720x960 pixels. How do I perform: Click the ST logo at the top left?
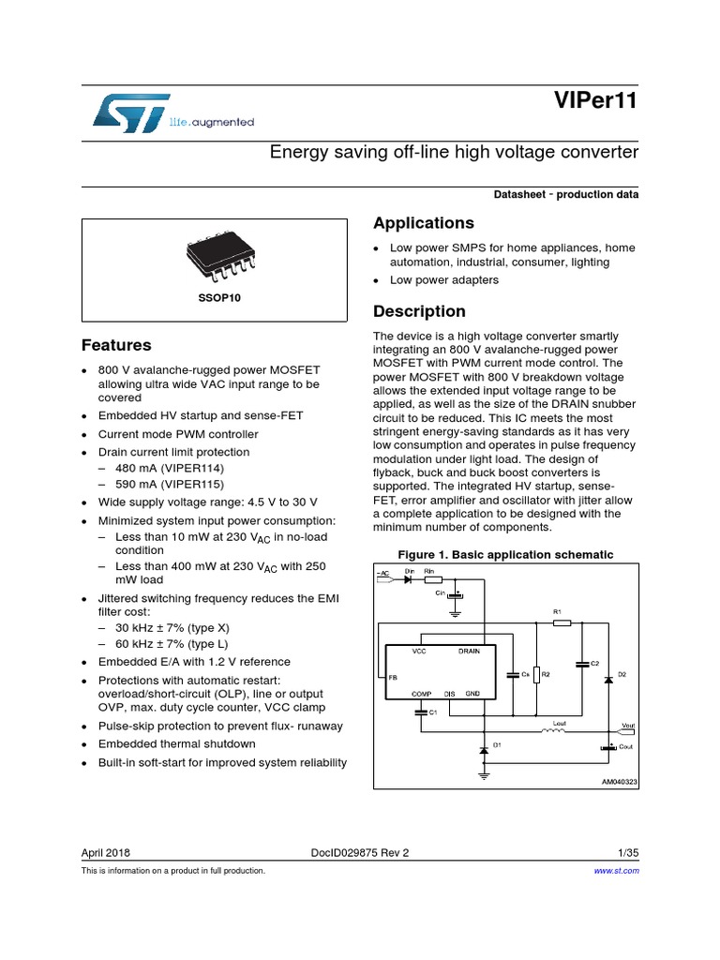pos(131,111)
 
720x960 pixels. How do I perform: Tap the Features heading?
pos(116,345)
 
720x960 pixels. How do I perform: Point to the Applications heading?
pos(423,223)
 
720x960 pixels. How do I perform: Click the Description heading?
pos(419,311)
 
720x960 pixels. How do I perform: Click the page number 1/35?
pos(628,853)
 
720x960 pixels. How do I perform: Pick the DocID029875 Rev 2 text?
pos(360,853)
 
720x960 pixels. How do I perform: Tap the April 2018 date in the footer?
pos(106,853)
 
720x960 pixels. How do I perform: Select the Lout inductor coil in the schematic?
pos(555,732)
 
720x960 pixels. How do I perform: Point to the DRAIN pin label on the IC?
pos(470,651)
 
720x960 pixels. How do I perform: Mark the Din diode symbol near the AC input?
pos(410,579)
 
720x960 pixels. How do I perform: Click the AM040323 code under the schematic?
pos(620,781)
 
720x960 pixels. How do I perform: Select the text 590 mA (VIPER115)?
pos(170,485)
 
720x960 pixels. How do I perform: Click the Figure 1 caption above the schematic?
pos(506,555)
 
